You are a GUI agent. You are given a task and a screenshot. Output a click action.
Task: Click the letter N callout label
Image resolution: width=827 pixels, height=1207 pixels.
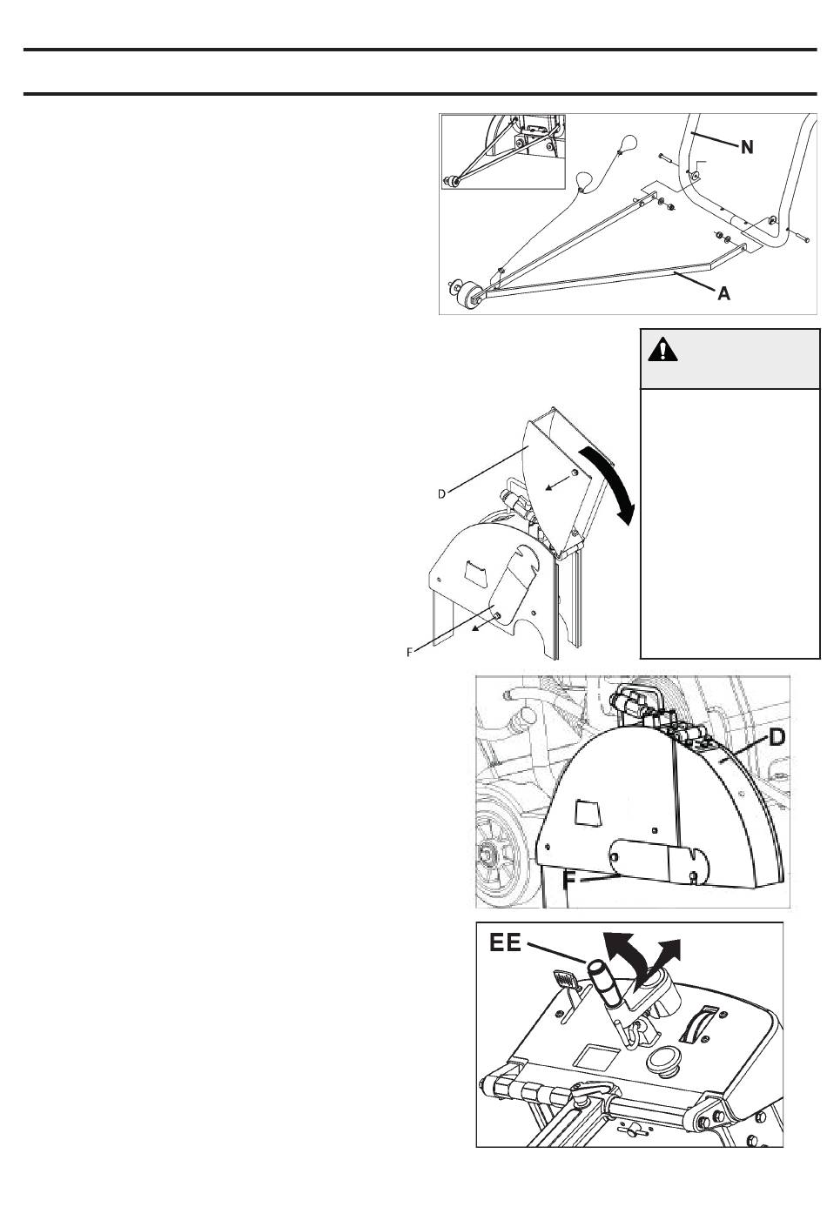pyautogui.click(x=747, y=146)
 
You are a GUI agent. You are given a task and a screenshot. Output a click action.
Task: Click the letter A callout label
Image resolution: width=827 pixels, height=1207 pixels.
pyautogui.click(x=724, y=293)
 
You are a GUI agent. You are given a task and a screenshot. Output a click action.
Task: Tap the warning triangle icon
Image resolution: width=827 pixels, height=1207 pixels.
pyautogui.click(x=663, y=351)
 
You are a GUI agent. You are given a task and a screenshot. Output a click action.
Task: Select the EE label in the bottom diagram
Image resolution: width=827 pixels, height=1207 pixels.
pyautogui.click(x=505, y=943)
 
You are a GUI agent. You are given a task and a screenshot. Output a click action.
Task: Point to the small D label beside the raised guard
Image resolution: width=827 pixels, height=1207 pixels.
pyautogui.click(x=441, y=494)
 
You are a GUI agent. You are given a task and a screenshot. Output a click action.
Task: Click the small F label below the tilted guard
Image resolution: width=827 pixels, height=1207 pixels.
pyautogui.click(x=410, y=653)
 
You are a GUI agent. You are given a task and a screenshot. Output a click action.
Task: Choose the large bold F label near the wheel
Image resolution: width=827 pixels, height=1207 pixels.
pyautogui.click(x=570, y=880)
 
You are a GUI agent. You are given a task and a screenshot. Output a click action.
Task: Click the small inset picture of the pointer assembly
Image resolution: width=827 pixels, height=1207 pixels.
pyautogui.click(x=503, y=152)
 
